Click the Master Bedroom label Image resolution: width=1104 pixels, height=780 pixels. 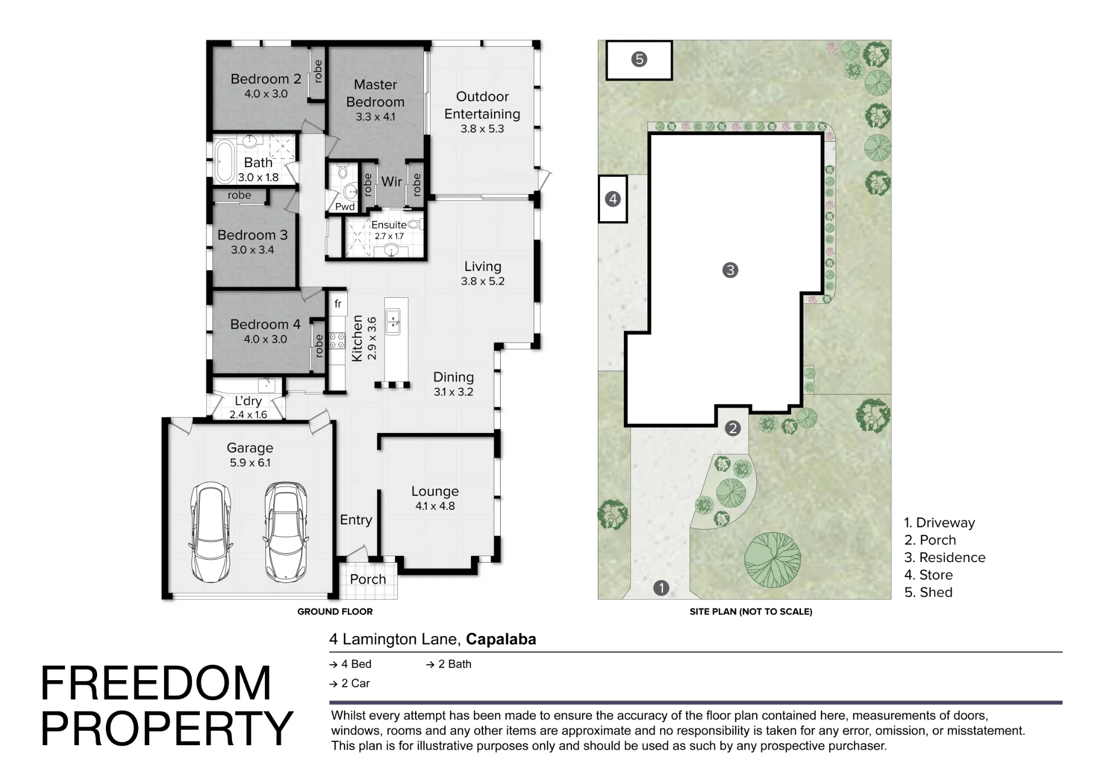[x=375, y=93]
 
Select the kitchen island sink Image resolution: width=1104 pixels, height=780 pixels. [x=392, y=322]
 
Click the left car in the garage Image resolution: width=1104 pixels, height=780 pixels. [x=210, y=532]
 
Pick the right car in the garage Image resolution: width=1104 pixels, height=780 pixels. [x=286, y=532]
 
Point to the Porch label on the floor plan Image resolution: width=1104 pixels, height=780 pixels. [x=368, y=579]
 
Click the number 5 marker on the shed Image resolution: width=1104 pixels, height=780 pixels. [x=639, y=59]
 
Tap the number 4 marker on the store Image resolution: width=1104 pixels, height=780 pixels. [x=613, y=199]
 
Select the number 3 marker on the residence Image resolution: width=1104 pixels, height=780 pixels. [x=730, y=270]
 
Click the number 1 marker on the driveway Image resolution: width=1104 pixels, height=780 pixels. [x=661, y=588]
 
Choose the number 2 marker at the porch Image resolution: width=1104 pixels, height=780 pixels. [x=733, y=428]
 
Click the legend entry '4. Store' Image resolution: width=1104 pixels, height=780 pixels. [x=928, y=575]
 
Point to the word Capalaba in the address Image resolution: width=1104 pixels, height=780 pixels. [x=501, y=639]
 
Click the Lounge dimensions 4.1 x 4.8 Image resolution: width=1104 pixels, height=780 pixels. [x=435, y=506]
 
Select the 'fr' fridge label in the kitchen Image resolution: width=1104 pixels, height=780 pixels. [x=338, y=303]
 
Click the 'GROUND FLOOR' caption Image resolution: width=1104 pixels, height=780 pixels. [x=335, y=611]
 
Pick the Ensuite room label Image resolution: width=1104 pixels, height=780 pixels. [x=389, y=225]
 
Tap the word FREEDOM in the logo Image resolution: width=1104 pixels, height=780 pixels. [x=156, y=683]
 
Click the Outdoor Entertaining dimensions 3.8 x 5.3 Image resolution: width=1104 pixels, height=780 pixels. [x=482, y=129]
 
